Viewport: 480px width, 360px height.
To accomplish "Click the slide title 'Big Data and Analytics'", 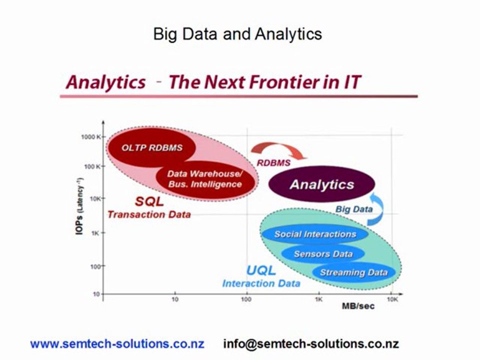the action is point(237,34).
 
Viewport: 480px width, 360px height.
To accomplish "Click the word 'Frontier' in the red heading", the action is point(284,82).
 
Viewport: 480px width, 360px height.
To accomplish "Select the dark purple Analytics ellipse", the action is point(321,184).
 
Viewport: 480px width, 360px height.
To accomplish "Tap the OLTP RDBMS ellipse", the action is point(151,147).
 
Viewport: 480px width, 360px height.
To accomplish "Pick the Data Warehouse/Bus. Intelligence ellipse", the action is point(205,179).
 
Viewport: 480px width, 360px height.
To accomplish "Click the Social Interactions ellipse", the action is point(315,234).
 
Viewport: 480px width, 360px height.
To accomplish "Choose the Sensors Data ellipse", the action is point(323,254).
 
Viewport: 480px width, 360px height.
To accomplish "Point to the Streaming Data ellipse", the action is point(353,272).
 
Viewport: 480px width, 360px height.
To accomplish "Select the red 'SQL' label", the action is point(149,201).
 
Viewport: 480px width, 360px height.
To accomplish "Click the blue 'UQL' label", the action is point(261,270).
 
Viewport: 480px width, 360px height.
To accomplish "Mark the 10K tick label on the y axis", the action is point(95,198).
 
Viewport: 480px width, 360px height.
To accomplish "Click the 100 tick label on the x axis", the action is point(246,299).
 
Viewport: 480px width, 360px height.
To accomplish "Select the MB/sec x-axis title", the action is point(358,306).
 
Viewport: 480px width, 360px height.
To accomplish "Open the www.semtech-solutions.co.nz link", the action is point(117,343).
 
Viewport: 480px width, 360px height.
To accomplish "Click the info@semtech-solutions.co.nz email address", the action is point(311,343).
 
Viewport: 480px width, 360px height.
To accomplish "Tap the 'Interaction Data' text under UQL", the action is point(261,283).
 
